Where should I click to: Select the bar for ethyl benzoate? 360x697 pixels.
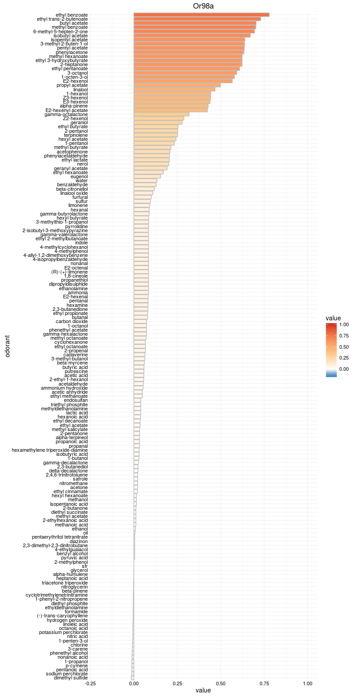[x=201, y=15]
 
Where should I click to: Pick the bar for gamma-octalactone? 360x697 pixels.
[x=161, y=114]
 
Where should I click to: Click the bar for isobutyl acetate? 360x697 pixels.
[x=192, y=36]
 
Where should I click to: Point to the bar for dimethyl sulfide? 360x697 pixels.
[x=132, y=678]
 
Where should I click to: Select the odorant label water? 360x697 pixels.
[x=81, y=180]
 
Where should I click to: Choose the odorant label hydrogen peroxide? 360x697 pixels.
[x=67, y=620]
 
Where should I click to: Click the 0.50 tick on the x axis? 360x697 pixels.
[x=220, y=683]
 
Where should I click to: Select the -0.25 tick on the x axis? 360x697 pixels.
[x=90, y=683]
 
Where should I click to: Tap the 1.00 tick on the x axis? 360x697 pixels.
[x=307, y=683]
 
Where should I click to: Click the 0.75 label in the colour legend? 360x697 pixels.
[x=344, y=336]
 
